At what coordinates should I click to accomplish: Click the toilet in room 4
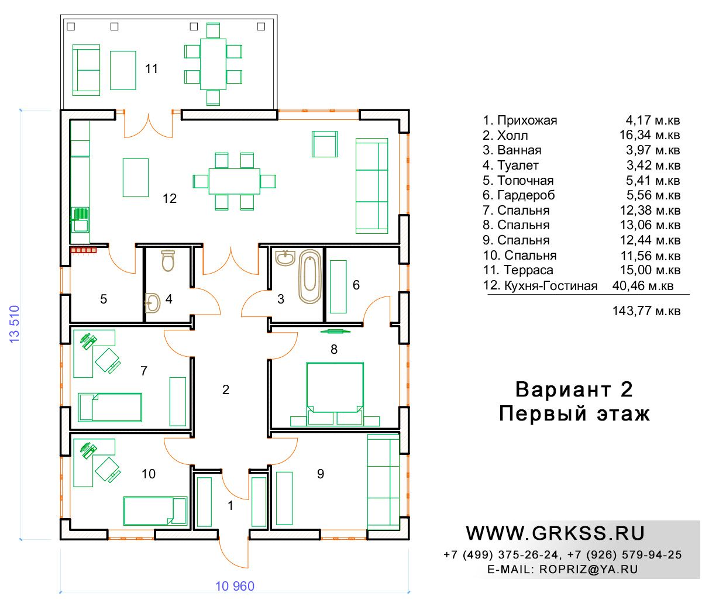168,260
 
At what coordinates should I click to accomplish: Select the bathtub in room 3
309,277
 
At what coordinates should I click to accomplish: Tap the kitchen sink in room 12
80,220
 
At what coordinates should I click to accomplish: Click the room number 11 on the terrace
152,68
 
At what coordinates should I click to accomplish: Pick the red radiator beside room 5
84,250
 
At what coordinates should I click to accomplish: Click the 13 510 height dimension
15,324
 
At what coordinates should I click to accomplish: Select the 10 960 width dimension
235,586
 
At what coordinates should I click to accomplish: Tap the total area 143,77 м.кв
646,311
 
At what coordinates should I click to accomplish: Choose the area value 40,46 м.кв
643,285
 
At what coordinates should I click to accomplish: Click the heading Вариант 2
574,389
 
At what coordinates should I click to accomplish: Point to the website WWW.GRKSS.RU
555,533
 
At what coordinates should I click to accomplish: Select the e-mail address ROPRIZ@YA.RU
589,569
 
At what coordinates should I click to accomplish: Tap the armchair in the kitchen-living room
325,144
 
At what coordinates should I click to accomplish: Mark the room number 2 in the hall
225,389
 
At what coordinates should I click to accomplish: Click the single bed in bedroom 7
110,407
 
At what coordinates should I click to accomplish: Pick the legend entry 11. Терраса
518,270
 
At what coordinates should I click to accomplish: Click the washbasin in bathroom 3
285,258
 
